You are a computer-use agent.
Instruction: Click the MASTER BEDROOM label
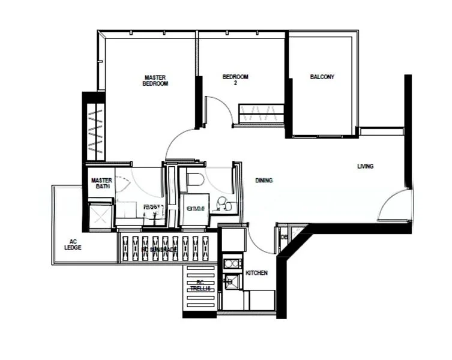click(155, 80)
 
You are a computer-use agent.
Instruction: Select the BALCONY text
click(322, 77)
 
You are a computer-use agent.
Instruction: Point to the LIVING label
click(365, 166)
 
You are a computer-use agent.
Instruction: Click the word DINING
click(264, 180)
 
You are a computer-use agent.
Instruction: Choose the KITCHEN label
click(256, 273)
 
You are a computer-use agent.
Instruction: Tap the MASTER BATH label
click(100, 183)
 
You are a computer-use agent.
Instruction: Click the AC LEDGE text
click(73, 245)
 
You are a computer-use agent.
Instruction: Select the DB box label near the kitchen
click(284, 238)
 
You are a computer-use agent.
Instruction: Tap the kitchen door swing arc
click(259, 241)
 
